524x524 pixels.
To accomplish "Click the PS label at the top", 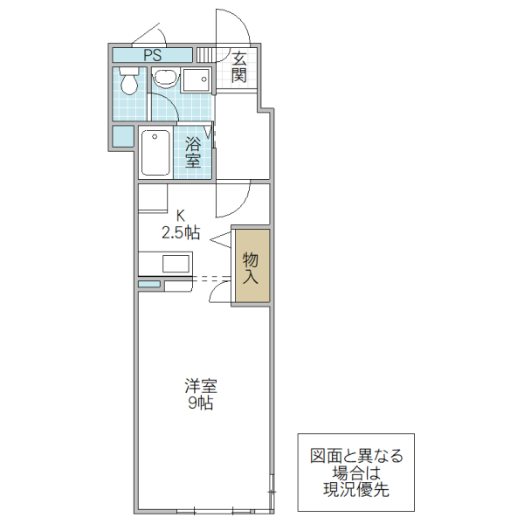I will click(153, 54).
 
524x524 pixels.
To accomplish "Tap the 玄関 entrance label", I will click(239, 67).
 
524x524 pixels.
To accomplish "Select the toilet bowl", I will click(129, 84).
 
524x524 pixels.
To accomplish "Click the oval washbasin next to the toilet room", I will click(165, 79).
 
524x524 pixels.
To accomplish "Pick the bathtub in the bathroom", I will click(156, 153).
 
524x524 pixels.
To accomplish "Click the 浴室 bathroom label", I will click(193, 154).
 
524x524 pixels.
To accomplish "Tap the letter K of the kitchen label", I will click(181, 215).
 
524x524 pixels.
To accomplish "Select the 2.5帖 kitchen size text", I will click(181, 232).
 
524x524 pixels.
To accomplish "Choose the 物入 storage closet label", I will click(251, 267).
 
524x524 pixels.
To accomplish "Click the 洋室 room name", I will click(200, 385).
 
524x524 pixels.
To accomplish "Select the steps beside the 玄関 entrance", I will click(204, 55).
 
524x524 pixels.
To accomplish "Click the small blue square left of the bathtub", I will click(123, 137).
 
